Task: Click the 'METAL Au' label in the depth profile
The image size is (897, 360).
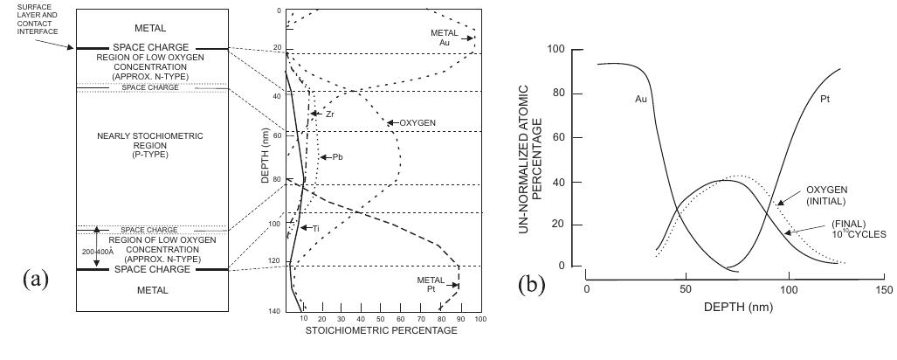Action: (444, 37)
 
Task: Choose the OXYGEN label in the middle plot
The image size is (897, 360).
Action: (417, 122)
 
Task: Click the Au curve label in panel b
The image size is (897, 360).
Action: (640, 99)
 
